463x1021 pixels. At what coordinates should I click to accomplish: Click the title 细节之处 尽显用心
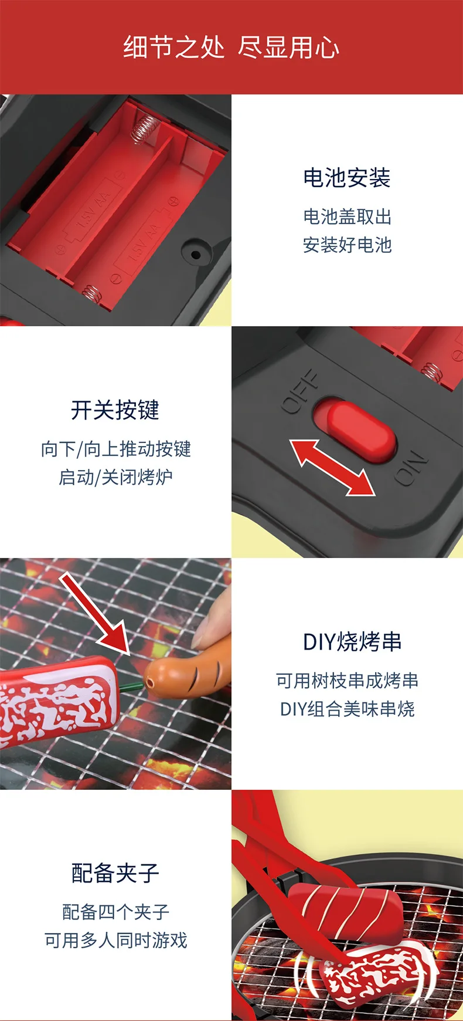coord(231,47)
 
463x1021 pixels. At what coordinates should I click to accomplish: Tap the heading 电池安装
coord(347,178)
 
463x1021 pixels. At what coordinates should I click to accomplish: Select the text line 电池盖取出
coord(347,217)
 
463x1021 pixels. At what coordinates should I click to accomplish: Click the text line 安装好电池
coord(347,245)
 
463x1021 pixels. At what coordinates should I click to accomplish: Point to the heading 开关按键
coord(115,410)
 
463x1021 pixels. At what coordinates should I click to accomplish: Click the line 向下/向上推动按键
coord(115,449)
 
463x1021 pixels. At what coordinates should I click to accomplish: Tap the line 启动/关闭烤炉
coord(115,477)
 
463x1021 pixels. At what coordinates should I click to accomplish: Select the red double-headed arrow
coord(332,467)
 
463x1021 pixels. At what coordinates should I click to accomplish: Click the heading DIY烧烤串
coord(352,641)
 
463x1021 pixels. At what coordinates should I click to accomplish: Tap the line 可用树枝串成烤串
coord(347,681)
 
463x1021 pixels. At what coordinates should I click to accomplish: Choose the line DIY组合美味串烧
coord(347,709)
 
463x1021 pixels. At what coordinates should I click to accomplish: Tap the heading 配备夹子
coord(115,873)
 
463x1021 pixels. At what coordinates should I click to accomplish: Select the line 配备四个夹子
coord(115,912)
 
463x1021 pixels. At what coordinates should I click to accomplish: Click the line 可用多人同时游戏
coord(115,940)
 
